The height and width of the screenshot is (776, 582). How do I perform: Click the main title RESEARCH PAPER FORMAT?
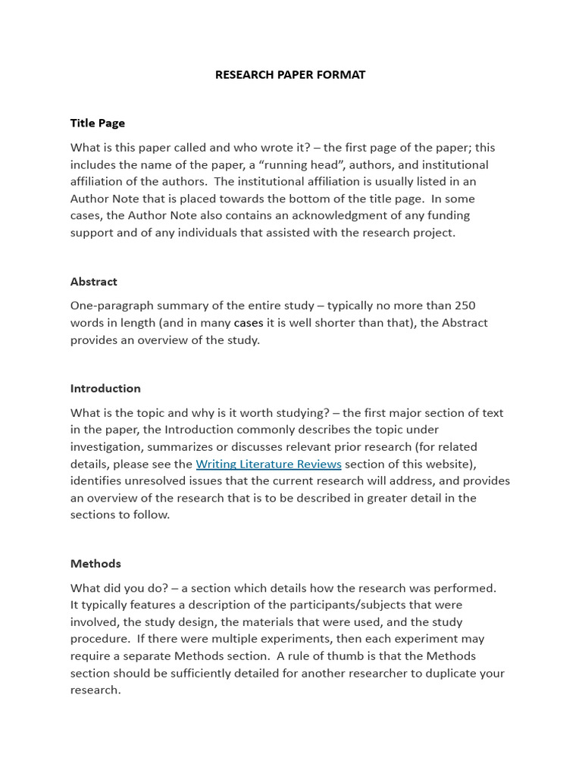pos(290,74)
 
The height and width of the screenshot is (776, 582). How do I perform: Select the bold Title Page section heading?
pos(98,123)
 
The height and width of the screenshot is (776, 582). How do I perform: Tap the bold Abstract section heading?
pos(94,281)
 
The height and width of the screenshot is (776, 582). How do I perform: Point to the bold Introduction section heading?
pos(105,388)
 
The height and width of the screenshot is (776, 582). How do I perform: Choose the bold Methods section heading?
pos(95,563)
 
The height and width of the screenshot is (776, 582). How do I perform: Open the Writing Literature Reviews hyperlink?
pos(268,464)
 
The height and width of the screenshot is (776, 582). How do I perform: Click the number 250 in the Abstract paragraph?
pos(465,305)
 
